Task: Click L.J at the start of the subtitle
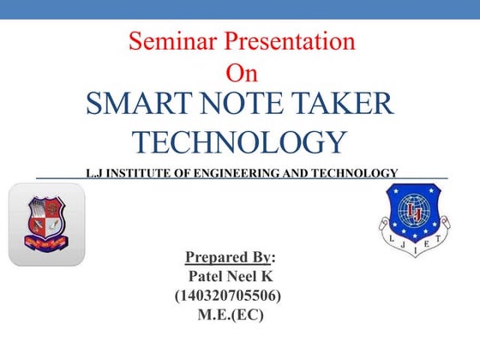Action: pyautogui.click(x=93, y=173)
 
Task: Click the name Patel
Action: pyautogui.click(x=207, y=276)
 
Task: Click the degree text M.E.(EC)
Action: pyautogui.click(x=230, y=315)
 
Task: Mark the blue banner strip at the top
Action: pyautogui.click(x=240, y=9)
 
